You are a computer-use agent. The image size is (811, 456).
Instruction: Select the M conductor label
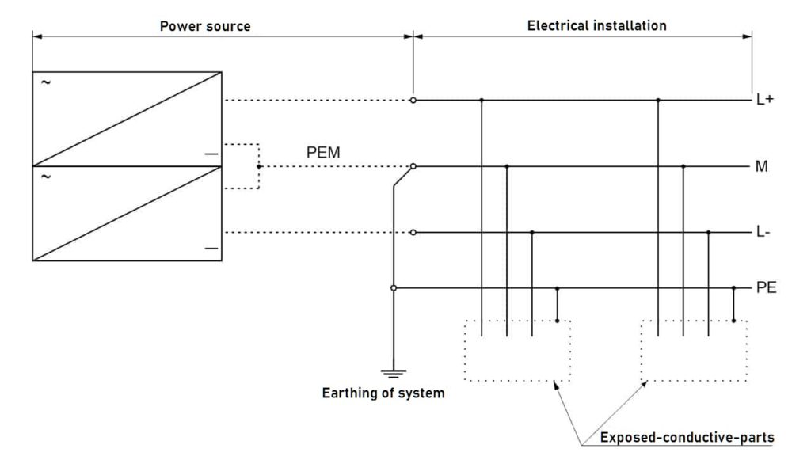(x=762, y=167)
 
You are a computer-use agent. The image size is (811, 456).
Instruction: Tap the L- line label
(x=763, y=233)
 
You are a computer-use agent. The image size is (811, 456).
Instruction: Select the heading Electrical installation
(x=596, y=26)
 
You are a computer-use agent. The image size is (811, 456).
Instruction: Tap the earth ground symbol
(x=394, y=373)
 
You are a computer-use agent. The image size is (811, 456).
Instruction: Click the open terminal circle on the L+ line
(x=413, y=101)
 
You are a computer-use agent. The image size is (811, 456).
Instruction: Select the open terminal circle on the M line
(x=413, y=166)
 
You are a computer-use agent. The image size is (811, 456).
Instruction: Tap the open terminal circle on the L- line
(x=413, y=232)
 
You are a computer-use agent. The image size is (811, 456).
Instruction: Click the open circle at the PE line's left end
(x=394, y=288)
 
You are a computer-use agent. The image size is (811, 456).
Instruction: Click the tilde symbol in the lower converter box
(x=44, y=177)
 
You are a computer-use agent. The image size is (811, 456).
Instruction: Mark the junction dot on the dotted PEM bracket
(x=259, y=166)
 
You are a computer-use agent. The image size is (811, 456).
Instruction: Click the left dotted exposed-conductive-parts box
(x=516, y=350)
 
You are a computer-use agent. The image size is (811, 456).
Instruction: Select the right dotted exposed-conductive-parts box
(x=693, y=350)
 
